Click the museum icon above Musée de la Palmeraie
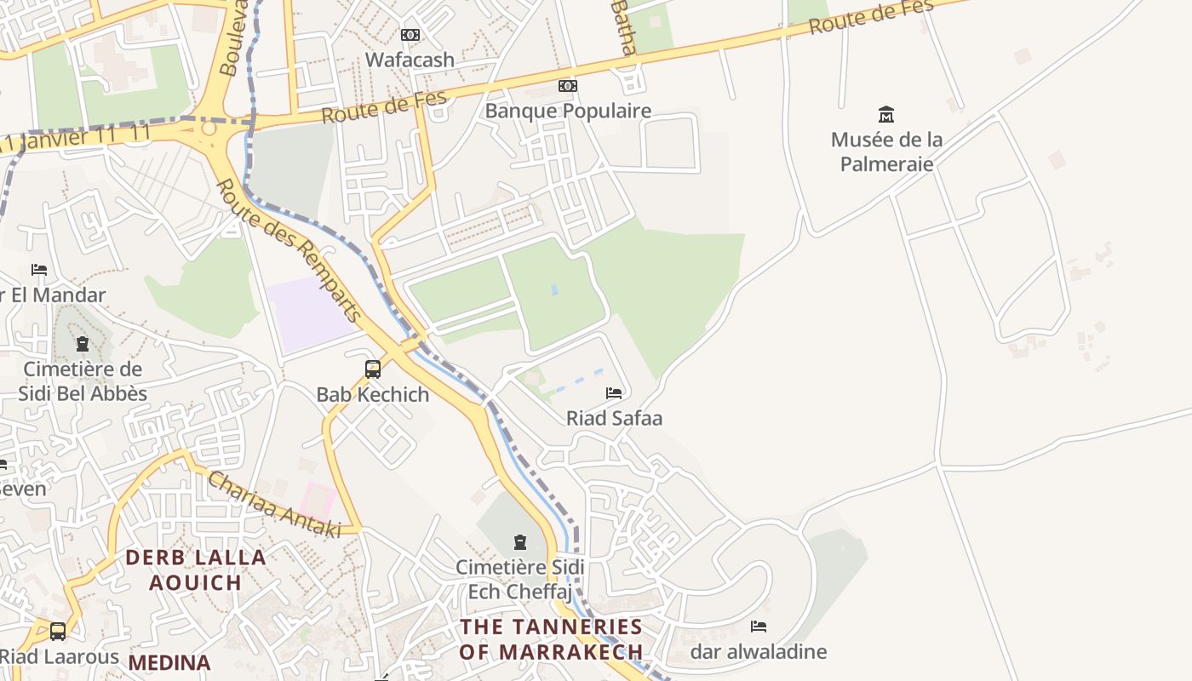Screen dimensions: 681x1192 pos(886,114)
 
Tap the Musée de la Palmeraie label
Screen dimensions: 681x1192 pos(886,152)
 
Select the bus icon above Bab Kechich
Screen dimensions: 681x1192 pos(373,369)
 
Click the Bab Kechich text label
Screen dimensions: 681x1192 pos(373,395)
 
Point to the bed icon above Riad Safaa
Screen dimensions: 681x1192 pos(614,392)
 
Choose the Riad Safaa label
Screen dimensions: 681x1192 pos(614,419)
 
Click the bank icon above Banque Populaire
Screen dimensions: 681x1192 pos(568,86)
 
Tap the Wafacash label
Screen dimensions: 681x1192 pos(410,60)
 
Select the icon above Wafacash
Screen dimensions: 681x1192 pos(410,35)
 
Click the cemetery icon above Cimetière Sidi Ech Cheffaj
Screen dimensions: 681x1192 pos(520,541)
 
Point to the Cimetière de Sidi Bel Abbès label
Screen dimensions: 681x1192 pos(83,381)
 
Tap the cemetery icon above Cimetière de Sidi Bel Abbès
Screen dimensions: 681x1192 pos(83,344)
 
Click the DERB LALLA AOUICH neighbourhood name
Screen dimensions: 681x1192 pos(196,570)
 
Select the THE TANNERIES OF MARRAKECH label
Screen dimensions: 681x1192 pos(551,639)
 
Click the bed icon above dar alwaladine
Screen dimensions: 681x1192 pos(759,627)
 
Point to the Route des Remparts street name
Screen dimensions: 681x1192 pos(289,250)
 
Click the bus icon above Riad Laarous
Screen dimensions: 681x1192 pos(58,632)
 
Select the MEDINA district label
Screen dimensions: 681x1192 pos(169,662)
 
